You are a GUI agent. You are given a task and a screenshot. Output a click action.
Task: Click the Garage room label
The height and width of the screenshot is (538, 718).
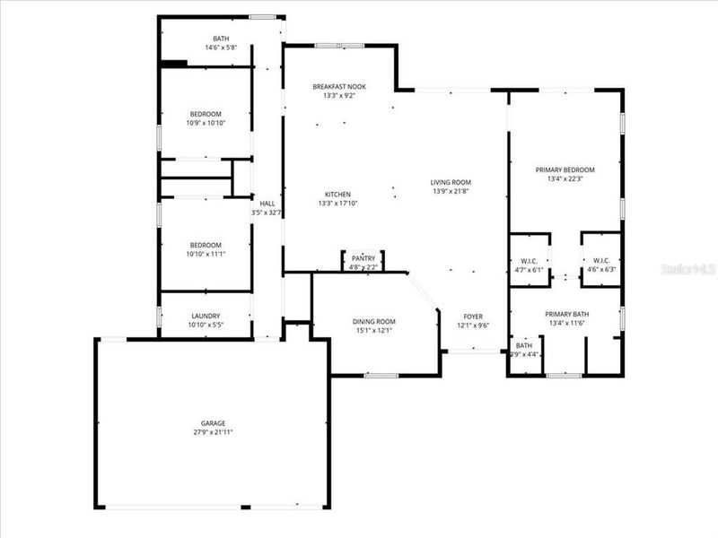pyautogui.click(x=213, y=423)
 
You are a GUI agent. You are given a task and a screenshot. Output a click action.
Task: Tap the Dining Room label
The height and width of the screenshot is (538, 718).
pyautogui.click(x=373, y=321)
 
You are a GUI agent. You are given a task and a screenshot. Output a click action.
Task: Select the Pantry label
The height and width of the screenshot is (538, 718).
pyautogui.click(x=363, y=257)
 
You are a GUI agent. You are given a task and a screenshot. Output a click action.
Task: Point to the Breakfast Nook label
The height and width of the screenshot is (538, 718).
pyautogui.click(x=339, y=86)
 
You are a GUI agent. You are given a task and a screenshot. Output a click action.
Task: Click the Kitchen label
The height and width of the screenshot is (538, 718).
pyautogui.click(x=337, y=195)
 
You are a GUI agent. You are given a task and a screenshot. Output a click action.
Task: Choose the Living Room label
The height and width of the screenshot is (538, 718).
pyautogui.click(x=451, y=182)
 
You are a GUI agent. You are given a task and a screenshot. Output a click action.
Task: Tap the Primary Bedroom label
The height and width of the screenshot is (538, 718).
pyautogui.click(x=565, y=169)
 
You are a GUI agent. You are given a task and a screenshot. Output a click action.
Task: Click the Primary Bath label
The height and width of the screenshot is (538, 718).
pyautogui.click(x=565, y=314)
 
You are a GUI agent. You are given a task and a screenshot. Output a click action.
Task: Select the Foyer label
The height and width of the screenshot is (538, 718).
pyautogui.click(x=473, y=317)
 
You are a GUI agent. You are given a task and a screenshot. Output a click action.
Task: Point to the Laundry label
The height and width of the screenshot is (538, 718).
pyautogui.click(x=206, y=316)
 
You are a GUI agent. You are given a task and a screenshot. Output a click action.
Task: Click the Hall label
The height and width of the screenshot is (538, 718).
pyautogui.click(x=267, y=203)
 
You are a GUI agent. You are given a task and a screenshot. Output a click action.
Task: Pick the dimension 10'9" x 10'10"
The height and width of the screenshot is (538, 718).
pyautogui.click(x=206, y=123)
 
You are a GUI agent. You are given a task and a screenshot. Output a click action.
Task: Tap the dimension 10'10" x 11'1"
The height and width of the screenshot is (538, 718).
pyautogui.click(x=206, y=254)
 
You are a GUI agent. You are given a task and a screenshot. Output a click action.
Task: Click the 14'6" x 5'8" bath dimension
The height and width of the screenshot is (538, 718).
pyautogui.click(x=221, y=48)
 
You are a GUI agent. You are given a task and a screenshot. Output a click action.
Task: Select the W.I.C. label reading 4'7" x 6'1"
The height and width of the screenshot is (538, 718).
pyautogui.click(x=529, y=269)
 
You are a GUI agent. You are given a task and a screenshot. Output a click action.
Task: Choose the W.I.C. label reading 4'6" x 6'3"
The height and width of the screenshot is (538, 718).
pyautogui.click(x=601, y=269)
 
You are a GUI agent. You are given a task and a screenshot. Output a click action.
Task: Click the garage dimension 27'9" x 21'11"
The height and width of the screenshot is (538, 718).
pyautogui.click(x=213, y=432)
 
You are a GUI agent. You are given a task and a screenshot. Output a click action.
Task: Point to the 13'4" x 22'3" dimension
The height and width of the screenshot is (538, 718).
pyautogui.click(x=565, y=178)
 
